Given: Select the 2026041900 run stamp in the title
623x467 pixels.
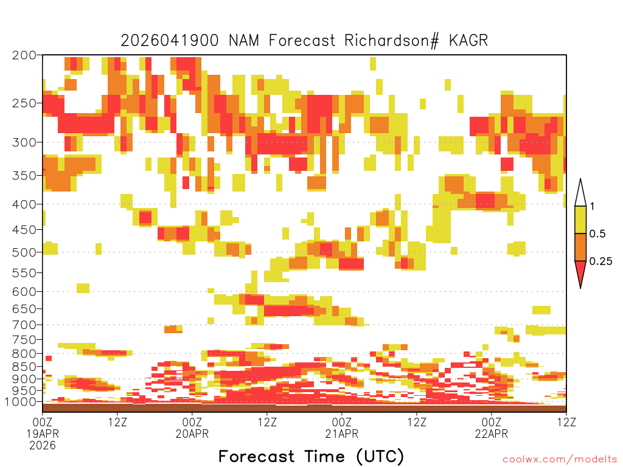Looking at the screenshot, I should point(172,41).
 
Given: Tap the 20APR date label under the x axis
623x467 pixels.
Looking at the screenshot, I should point(192,434).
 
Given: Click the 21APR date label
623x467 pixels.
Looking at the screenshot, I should point(342,434).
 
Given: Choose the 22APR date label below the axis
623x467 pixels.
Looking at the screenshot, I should point(492,434).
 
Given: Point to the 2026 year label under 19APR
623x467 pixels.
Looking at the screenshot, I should point(43,446).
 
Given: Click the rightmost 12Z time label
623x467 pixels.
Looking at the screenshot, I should point(566,421).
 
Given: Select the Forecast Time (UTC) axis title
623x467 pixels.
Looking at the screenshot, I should point(311,456).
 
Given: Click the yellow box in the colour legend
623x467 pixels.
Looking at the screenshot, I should point(580,220).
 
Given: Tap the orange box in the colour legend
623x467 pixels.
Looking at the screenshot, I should point(580,247).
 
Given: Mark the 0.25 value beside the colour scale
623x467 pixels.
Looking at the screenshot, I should point(600,261).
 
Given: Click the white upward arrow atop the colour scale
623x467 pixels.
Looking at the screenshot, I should point(580,193).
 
